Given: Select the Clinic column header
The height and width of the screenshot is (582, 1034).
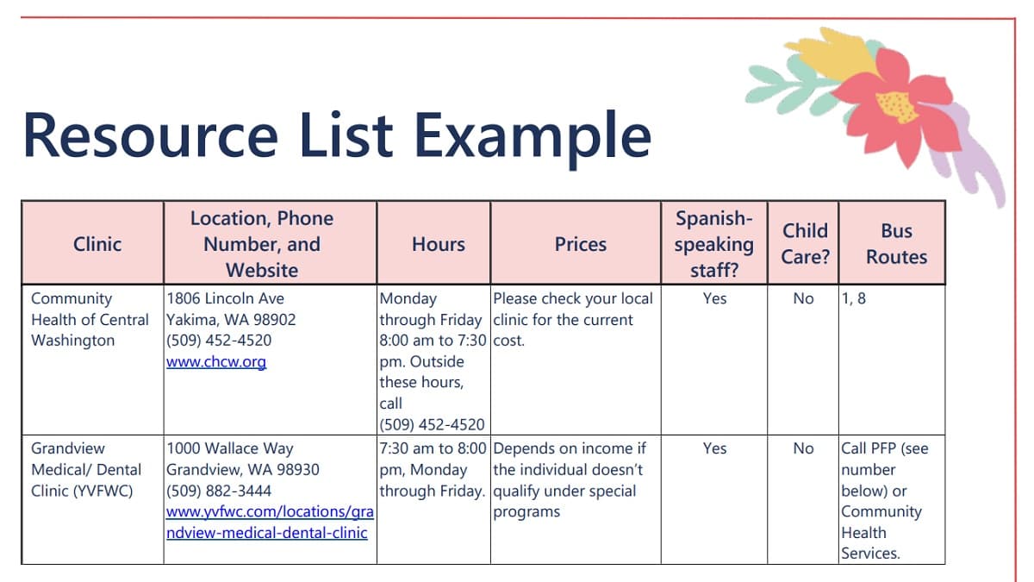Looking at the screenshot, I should [x=97, y=244].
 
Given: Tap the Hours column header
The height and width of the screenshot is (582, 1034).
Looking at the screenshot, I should [x=439, y=244].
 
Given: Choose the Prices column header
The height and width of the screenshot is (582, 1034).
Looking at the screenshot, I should [x=581, y=244].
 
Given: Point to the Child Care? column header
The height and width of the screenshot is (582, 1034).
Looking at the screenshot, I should [x=805, y=243].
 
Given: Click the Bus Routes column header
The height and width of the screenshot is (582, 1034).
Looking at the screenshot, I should [x=896, y=243].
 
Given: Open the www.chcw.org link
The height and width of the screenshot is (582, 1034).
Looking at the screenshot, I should [x=216, y=362].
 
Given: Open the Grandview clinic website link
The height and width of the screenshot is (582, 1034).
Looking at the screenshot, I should [x=269, y=523].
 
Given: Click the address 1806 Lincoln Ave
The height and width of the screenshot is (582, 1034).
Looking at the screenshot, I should [x=225, y=298].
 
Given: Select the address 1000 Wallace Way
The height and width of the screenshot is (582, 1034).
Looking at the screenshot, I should [x=230, y=448].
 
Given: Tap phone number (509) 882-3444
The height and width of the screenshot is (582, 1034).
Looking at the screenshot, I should [x=219, y=491].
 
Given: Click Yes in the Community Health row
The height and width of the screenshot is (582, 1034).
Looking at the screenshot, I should [x=714, y=298].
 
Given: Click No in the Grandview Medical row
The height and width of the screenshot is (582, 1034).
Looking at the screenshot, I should [x=803, y=448].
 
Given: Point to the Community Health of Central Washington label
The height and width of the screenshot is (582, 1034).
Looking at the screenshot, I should [x=90, y=319].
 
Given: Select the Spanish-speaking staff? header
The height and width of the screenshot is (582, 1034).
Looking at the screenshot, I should [x=714, y=244].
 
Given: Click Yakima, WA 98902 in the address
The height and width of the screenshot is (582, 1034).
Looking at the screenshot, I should [x=231, y=319].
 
